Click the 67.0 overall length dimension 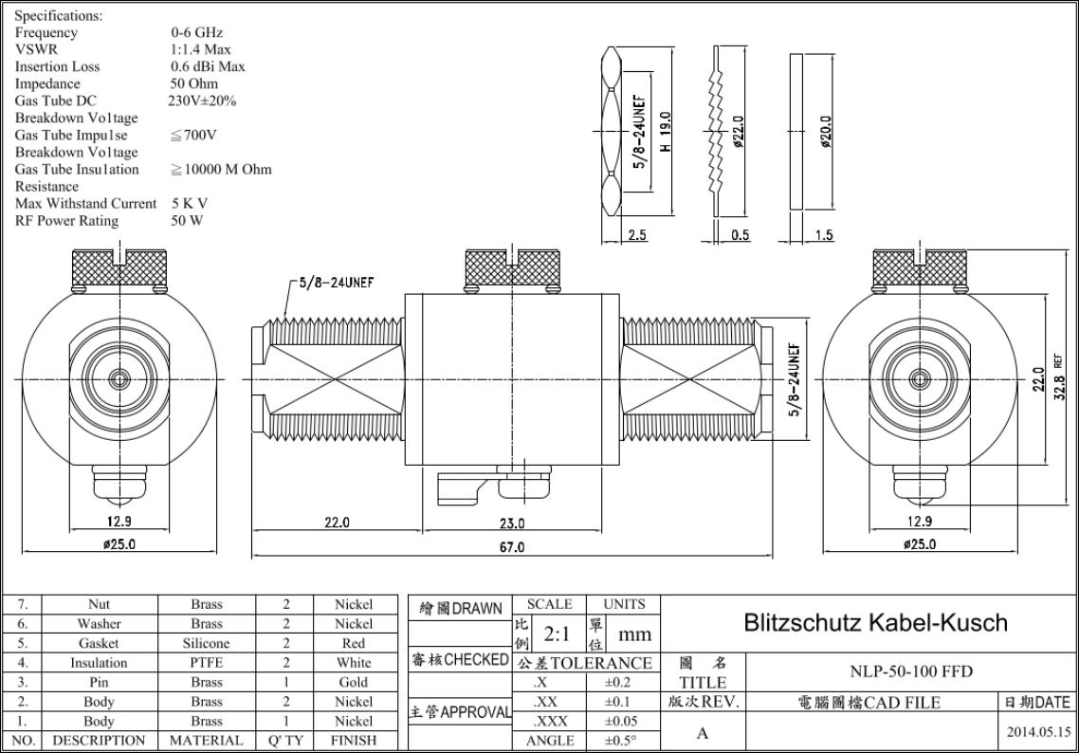point(511,547)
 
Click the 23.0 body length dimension point(511,523)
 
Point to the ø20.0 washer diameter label point(826,132)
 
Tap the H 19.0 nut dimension point(665,132)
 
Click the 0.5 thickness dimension point(740,235)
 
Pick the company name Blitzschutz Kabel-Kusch point(875,623)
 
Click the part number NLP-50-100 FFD point(911,671)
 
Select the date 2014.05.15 point(1038,732)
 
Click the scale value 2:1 point(556,634)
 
